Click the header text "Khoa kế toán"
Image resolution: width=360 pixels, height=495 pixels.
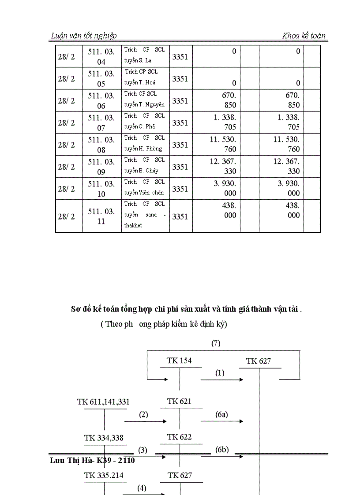304,36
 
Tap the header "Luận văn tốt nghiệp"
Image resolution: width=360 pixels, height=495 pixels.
84,36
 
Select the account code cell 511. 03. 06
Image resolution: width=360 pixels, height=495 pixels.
101,100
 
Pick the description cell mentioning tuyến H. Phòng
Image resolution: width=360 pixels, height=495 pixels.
145,144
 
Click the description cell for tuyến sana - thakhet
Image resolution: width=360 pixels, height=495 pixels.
145,215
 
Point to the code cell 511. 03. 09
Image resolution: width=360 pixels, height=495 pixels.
101,167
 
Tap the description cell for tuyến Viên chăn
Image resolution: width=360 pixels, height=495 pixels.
145,188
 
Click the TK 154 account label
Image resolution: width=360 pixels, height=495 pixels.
179,361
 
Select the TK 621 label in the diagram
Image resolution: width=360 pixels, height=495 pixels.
179,402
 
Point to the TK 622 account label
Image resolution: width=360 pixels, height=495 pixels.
179,437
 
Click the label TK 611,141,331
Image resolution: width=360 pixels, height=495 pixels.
103,402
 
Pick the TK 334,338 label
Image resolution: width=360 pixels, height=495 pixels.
104,438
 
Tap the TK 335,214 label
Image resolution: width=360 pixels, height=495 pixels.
104,476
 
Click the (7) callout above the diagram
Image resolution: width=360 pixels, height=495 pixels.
216,343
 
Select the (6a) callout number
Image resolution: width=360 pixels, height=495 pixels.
221,414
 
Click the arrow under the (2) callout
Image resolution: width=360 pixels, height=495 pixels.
145,422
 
